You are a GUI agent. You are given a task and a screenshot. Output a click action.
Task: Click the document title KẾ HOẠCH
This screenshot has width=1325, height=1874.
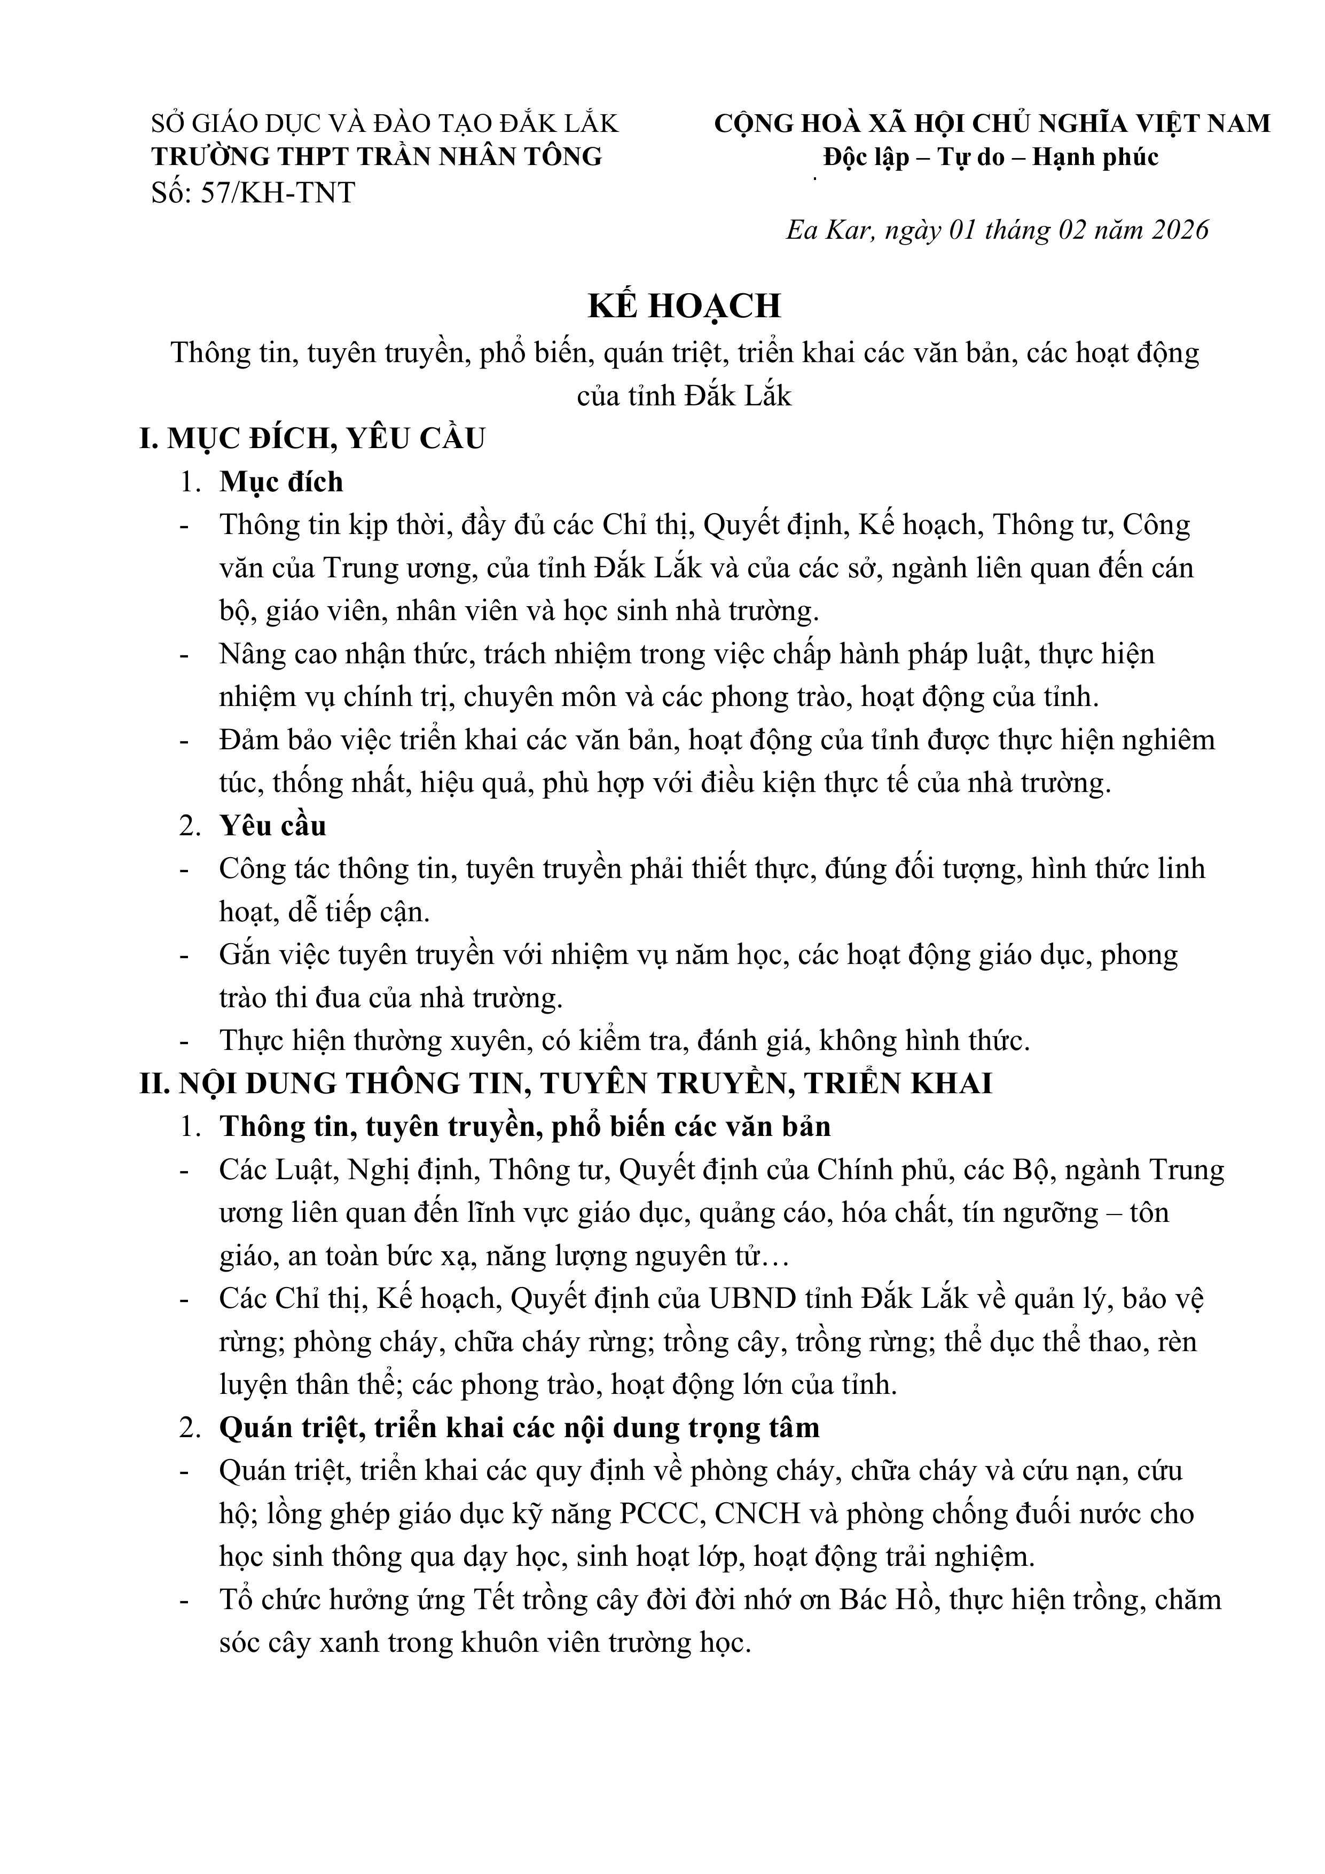(684, 306)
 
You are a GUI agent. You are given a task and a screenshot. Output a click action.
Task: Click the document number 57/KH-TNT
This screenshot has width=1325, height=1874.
(278, 193)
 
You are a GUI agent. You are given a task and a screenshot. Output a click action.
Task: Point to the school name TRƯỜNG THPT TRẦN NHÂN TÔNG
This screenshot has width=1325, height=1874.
(377, 156)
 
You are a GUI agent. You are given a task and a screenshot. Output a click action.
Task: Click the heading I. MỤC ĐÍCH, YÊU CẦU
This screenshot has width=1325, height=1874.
(312, 439)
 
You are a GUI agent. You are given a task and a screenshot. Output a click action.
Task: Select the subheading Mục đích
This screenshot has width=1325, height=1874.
(281, 482)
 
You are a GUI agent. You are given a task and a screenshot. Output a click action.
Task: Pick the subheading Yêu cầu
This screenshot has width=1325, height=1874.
(273, 826)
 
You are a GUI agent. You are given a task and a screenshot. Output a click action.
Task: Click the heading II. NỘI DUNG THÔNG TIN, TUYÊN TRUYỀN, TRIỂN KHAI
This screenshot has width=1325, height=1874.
(566, 1083)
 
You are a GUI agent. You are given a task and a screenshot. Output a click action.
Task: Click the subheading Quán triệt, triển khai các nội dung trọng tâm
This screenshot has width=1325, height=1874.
(519, 1428)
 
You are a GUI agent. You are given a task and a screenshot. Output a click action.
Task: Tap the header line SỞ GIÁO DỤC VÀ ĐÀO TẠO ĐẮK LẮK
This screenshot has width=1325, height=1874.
(386, 123)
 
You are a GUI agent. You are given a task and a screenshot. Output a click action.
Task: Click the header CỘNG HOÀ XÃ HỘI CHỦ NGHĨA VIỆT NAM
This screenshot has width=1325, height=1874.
(992, 123)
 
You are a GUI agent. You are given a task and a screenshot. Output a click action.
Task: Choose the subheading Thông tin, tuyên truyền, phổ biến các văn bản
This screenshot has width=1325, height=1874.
(525, 1126)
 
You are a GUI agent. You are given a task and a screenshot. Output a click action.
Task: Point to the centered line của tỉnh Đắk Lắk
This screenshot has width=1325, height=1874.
(684, 396)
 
